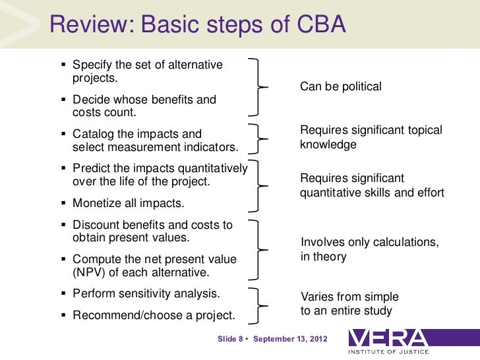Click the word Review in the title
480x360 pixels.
pos(88,25)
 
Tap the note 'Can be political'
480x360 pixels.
pos(341,86)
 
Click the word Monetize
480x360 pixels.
pos(97,203)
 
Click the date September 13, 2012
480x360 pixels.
pos(291,339)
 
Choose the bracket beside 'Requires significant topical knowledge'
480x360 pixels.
pos(260,138)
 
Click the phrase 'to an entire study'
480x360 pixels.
pos(346,311)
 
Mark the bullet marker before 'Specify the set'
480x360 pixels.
pos(63,66)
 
